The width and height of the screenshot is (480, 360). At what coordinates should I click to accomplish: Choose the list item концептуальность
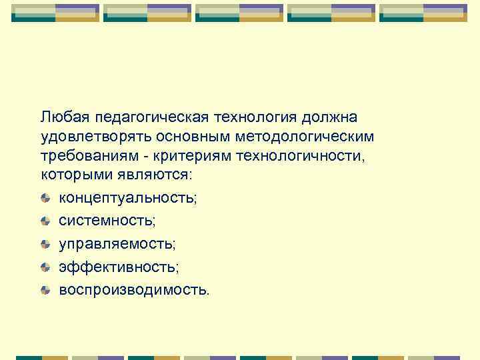click(x=128, y=198)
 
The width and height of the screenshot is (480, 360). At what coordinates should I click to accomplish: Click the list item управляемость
click(x=117, y=244)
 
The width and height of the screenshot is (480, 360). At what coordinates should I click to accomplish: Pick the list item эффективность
click(x=119, y=267)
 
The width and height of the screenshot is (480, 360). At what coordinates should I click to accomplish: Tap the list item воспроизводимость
click(x=133, y=290)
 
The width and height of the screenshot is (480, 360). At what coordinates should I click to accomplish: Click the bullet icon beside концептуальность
click(x=45, y=198)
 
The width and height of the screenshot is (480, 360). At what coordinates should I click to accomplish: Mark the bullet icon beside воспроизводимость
click(x=45, y=290)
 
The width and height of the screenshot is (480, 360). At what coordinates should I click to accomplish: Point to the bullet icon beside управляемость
click(x=45, y=244)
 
